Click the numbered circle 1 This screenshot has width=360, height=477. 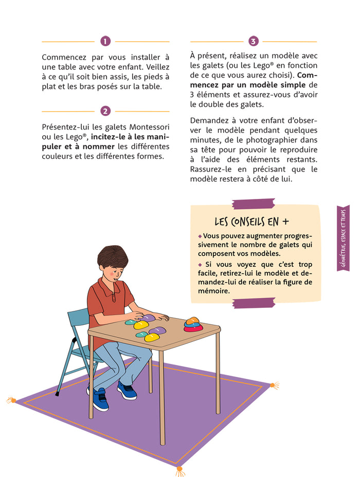pos(105,41)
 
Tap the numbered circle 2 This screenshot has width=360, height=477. pos(105,111)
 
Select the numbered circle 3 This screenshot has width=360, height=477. pos(253,41)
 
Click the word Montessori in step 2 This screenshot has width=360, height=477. pos(149,127)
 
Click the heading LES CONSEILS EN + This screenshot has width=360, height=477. pos(251,222)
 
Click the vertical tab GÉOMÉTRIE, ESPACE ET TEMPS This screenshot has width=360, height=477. pos(343,238)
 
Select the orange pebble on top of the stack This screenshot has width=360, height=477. pos(192,320)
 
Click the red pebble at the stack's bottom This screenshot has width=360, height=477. pos(194,328)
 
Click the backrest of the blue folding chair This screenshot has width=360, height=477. pos(79,318)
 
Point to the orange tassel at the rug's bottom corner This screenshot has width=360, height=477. pos(180,471)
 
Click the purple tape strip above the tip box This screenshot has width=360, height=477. pos(254,204)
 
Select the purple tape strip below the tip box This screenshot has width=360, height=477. pos(254,303)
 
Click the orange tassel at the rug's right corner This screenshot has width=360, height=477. pos(275,386)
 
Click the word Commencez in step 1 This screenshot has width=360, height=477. pos(64,58)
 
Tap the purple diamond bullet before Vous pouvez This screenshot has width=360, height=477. pos(200,236)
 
